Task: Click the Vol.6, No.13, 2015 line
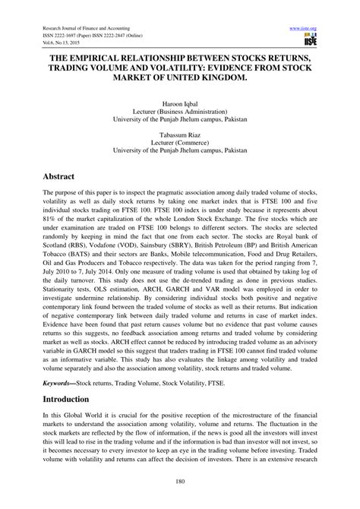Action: click(62, 43)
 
